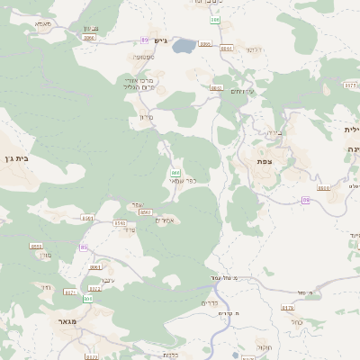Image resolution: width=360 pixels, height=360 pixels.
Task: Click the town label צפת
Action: [265, 161]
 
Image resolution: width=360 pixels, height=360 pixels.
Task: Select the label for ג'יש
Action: [160, 40]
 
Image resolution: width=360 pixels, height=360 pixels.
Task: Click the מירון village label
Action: [148, 117]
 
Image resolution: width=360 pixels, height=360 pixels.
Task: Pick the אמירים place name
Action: [164, 220]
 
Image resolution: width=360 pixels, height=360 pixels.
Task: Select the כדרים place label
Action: [211, 305]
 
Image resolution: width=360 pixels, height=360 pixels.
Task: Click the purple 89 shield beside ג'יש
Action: [144, 40]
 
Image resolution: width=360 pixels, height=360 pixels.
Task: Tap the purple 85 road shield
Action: [83, 247]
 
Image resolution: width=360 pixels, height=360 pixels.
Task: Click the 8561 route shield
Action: [87, 218]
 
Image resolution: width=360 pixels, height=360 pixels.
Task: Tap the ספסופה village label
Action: [144, 58]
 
